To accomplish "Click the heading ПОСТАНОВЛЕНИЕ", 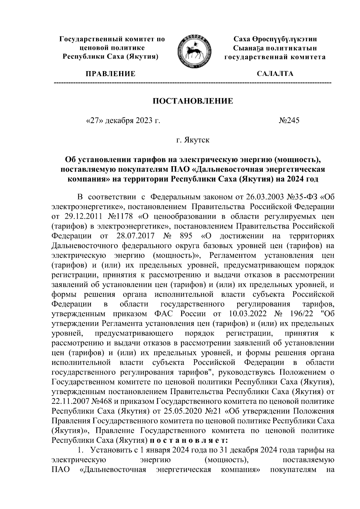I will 193,101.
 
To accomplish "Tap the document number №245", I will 289,121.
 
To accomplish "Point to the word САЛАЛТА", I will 275,74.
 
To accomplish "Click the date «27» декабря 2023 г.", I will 122,121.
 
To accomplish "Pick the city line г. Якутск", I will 193,140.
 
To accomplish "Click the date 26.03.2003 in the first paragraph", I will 262,197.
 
